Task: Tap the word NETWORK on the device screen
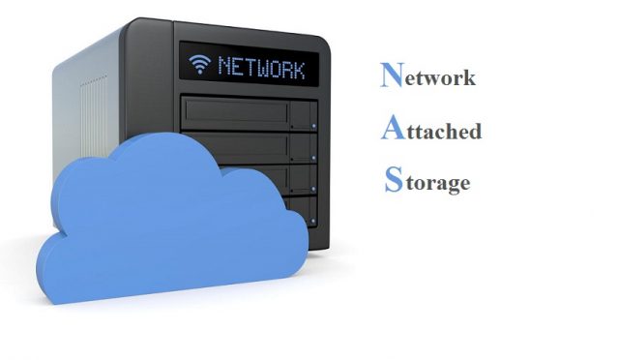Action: pyautogui.click(x=261, y=68)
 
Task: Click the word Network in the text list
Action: pyautogui.click(x=427, y=77)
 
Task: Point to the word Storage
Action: pyautogui.click(x=427, y=181)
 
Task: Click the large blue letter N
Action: pyautogui.click(x=392, y=75)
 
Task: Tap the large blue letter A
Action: pyautogui.click(x=392, y=128)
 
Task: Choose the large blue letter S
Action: pyautogui.click(x=392, y=180)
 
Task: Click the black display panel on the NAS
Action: pyautogui.click(x=250, y=67)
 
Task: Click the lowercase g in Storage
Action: pyautogui.click(x=450, y=184)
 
